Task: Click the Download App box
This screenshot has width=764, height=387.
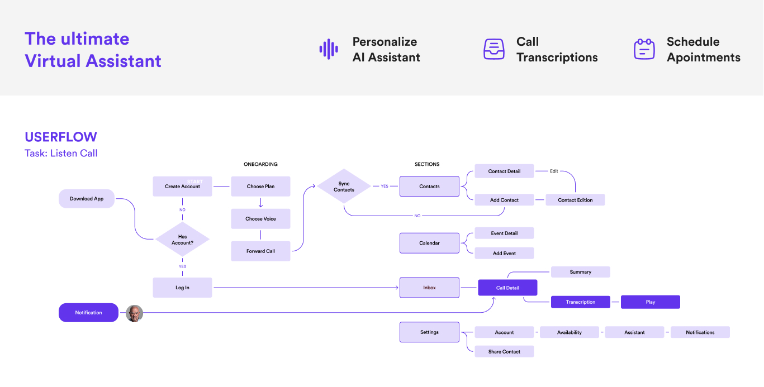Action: click(87, 199)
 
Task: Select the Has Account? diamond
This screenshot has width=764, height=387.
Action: click(182, 240)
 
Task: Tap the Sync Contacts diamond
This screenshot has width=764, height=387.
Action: click(344, 187)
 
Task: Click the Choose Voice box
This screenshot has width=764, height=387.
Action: click(260, 219)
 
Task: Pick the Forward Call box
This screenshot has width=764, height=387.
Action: click(260, 251)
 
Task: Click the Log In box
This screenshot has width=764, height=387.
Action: click(182, 288)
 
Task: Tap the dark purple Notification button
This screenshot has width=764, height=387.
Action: click(88, 313)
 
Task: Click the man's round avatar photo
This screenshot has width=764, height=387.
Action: click(134, 313)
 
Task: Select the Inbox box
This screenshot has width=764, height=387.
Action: click(429, 288)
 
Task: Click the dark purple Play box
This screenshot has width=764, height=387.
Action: click(650, 302)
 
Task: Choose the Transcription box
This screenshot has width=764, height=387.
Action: click(580, 302)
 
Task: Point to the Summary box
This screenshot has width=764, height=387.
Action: click(580, 272)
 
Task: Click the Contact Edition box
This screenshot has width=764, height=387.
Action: click(575, 200)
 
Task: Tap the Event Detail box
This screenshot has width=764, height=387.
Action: click(504, 233)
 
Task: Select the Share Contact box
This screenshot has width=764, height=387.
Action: click(504, 352)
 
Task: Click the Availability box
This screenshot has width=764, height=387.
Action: click(569, 332)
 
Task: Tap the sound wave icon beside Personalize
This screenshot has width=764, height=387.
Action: click(329, 49)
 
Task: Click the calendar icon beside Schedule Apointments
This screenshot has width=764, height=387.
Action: click(644, 49)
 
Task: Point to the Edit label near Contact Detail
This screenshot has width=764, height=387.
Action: click(554, 171)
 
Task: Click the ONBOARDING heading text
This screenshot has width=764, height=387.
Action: click(260, 164)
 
